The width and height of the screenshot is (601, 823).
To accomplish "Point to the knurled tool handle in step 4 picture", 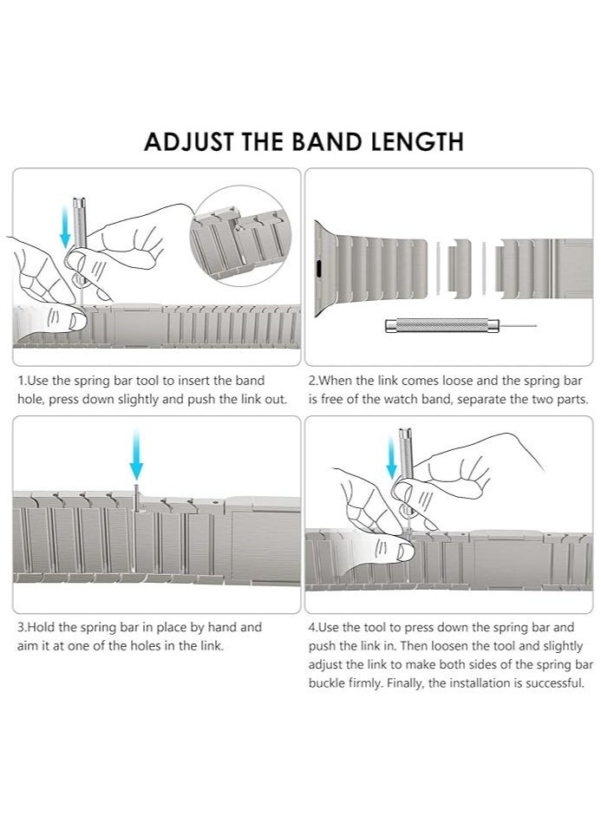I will point(404,451).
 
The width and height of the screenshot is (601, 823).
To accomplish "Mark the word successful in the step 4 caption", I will point(555,683).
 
